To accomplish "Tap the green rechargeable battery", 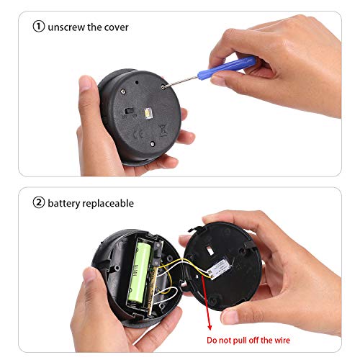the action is (x=139, y=271).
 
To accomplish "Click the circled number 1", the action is (x=39, y=26).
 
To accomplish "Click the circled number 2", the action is (x=39, y=202).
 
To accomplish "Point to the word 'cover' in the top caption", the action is (x=117, y=27).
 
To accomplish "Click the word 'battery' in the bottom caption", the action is (x=63, y=204).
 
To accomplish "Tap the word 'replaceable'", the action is (x=108, y=204).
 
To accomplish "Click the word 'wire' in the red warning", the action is (x=282, y=340).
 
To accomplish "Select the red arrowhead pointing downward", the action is (x=210, y=327).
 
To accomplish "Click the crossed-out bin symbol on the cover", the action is (x=163, y=130).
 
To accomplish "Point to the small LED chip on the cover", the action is (x=147, y=112).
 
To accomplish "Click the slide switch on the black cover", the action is (x=128, y=111).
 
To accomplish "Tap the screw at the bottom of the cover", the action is (x=152, y=144).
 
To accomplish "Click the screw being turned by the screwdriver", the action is (x=163, y=87).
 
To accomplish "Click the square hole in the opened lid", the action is (x=210, y=251).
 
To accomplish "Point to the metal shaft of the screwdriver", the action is (x=181, y=81).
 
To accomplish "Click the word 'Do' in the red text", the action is (x=212, y=340).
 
